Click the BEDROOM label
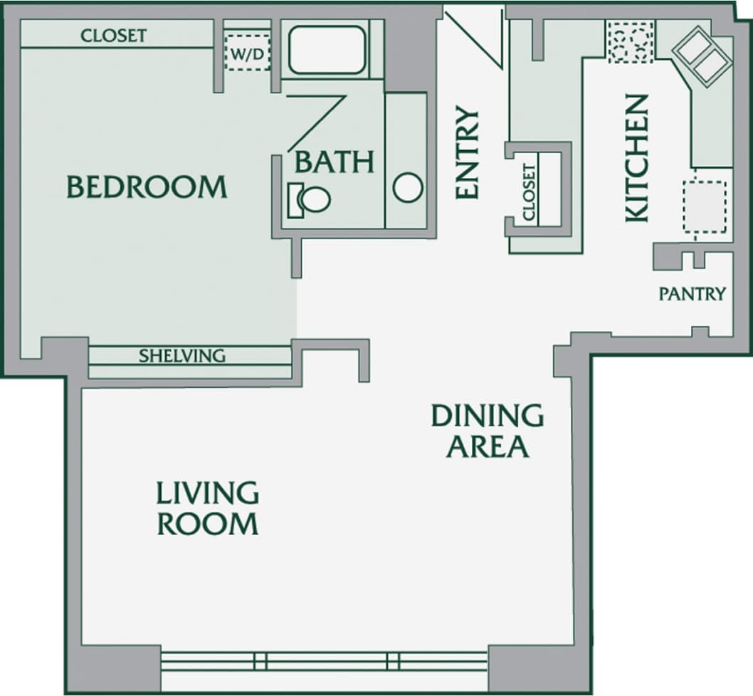(147, 187)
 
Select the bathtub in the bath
(327, 49)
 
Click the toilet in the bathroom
(310, 199)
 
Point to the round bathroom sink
(408, 188)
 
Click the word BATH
(334, 162)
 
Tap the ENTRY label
(467, 153)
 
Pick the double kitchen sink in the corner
(702, 57)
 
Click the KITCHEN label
(637, 158)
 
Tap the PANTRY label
(692, 294)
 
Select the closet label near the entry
(529, 192)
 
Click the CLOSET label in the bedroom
(114, 36)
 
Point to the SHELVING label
(182, 356)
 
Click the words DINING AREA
(488, 431)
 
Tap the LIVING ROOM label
(207, 508)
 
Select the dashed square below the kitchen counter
(704, 207)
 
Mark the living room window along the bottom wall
(324, 661)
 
